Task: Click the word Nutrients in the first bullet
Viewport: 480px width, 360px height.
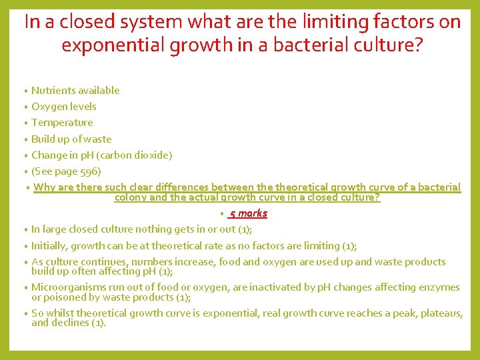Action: pos(53,91)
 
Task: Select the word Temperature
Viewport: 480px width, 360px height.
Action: pos(62,123)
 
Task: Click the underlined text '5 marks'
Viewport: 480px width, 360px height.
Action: pos(248,213)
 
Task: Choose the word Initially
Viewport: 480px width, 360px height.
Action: pos(49,245)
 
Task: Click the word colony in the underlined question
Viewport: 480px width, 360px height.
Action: pos(131,197)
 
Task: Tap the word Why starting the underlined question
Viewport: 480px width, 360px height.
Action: pos(44,187)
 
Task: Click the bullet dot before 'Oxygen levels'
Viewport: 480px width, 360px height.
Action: pos(25,107)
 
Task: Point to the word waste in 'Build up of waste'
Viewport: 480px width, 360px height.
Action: pos(98,139)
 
